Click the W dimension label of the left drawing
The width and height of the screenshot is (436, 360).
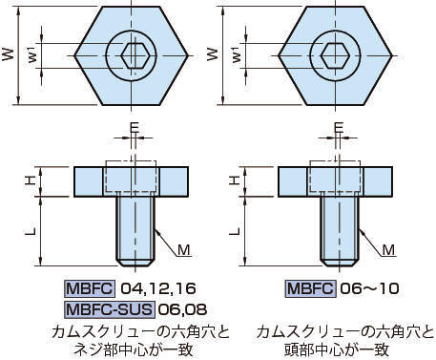click(9, 54)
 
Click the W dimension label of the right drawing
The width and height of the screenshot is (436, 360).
click(213, 54)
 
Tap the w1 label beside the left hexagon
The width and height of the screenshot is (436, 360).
click(33, 54)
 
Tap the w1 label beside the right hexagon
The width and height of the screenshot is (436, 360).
click(237, 54)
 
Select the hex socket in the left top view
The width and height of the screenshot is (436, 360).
click(135, 55)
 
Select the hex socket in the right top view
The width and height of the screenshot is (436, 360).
click(335, 55)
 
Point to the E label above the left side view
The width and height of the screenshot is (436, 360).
click(135, 128)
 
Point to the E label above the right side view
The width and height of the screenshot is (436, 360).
click(339, 128)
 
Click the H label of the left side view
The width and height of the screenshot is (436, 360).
click(31, 180)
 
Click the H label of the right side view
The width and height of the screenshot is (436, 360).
click(235, 180)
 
